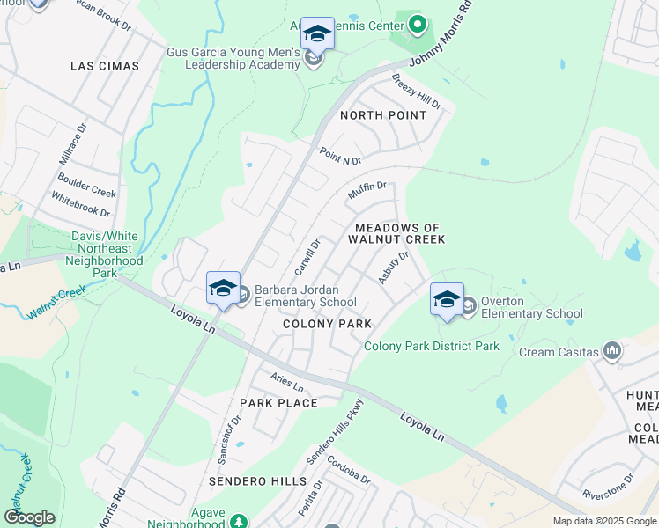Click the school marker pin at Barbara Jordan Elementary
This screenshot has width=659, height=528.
pos(223,288)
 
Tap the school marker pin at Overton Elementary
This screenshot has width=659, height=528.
pos(447,299)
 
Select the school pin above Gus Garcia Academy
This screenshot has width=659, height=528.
pos(317,34)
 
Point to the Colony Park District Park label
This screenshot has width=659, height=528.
pos(432,346)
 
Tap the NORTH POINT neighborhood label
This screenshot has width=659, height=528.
pos(383,115)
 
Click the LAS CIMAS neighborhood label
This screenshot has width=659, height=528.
pos(106,66)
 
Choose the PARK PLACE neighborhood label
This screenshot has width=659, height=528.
pos(278,403)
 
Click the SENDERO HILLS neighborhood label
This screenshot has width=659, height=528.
pos(257,481)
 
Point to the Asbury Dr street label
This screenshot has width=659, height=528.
pos(394,268)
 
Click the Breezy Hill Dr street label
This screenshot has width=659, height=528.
pos(416,92)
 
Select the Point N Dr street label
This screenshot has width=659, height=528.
pos(341,156)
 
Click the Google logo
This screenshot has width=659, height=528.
pos(29,517)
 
